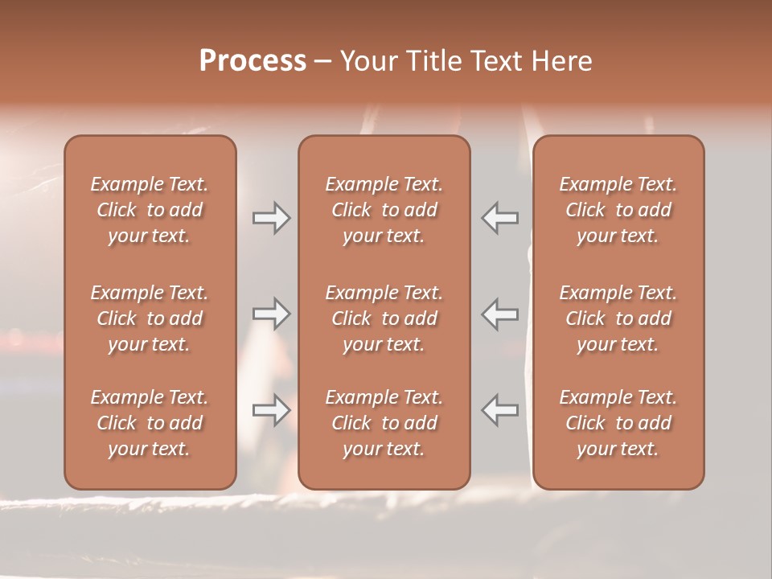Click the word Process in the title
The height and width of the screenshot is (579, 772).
coord(253,60)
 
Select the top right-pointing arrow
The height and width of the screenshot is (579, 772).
coord(271,218)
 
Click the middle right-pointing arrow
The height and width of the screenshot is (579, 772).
coord(271,314)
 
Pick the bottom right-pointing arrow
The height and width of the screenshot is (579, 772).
coord(271,410)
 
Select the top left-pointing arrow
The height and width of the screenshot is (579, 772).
coord(499,218)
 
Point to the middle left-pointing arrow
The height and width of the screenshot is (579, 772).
coord(499,314)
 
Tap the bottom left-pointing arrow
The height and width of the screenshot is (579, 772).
coord(499,410)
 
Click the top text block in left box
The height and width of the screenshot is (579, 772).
coord(150,210)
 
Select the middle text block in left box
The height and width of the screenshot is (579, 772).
coord(150,318)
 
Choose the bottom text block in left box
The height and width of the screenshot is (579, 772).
coord(150,423)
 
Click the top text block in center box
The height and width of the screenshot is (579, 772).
coord(384,210)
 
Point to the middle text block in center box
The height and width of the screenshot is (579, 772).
coord(384,318)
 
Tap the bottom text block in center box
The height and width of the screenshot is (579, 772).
coord(384,423)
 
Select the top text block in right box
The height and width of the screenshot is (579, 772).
coord(618,210)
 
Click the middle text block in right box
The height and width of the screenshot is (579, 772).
coord(618,318)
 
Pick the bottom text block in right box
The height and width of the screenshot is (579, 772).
coord(618,423)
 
